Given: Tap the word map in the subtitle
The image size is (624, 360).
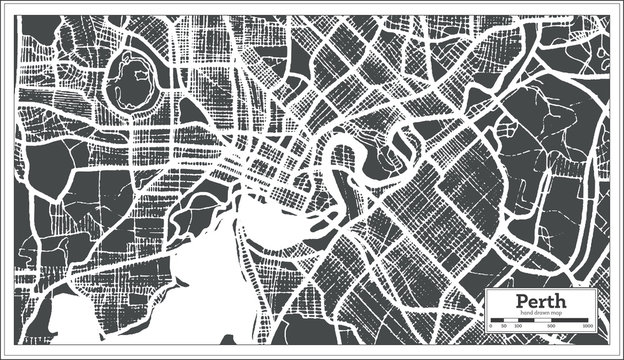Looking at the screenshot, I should pos(558,312).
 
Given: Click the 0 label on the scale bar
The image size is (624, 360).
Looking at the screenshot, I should pos(492,327).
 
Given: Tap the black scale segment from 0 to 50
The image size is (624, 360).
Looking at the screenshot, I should pos(496,321).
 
